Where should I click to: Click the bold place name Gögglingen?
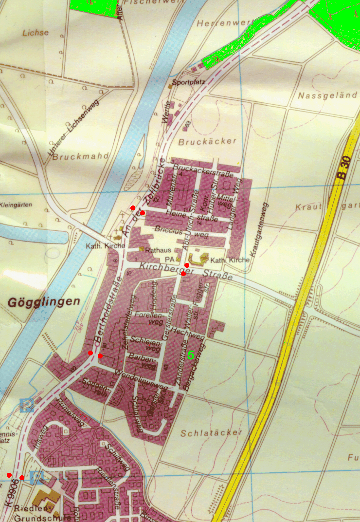43,302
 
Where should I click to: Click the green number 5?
190,355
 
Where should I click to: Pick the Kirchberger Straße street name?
185,271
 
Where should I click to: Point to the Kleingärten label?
17,205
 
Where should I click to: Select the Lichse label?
36,33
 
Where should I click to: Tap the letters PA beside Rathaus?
169,259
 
